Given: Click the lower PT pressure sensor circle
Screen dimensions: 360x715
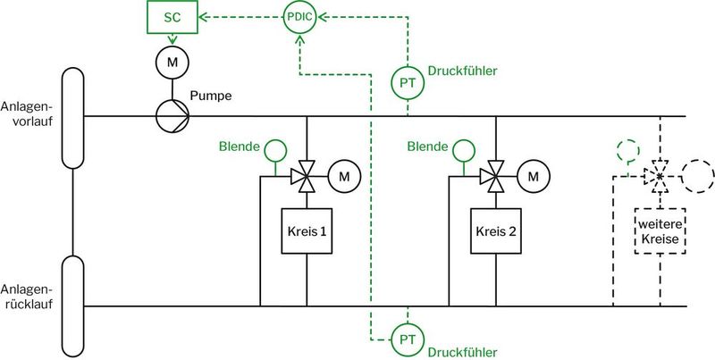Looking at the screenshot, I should pos(407,339).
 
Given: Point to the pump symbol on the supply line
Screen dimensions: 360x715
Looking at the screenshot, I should pos(170,116).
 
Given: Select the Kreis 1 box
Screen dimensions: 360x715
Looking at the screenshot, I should pos(306,232).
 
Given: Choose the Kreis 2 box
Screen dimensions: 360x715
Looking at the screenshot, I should pos(495,232).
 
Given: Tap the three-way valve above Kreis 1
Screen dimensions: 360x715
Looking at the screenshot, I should pos(306,177).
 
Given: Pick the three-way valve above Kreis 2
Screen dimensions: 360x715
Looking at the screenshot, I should pos(495,177).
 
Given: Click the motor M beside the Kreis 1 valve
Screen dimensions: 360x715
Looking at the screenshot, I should pos(343,177).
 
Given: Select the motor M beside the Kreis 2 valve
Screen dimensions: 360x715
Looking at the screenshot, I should pos(533,177).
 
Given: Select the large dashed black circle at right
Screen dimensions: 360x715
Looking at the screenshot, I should pos(698,177).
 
